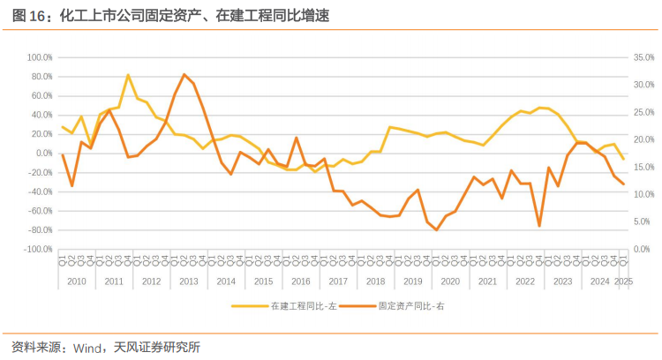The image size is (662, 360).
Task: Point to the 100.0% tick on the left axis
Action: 41,56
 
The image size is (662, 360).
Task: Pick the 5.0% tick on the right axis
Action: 641,222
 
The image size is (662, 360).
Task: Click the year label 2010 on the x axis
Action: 76,281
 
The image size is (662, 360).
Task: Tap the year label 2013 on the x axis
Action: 188,281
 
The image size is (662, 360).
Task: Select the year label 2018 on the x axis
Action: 376,281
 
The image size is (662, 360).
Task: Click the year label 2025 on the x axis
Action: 623,281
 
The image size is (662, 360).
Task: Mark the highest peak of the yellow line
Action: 128,75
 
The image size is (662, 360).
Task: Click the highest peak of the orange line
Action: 184,74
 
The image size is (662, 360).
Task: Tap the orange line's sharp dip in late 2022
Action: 539,226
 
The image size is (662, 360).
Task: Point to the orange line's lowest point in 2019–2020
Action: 436,230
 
